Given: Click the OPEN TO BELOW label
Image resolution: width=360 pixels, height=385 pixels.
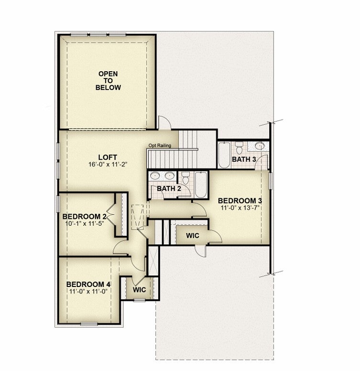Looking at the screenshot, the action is tap(108, 80).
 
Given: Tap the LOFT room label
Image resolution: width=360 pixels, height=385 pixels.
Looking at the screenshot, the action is tap(108, 157).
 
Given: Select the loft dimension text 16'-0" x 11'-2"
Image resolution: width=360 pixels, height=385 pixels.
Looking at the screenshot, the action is tap(108, 164).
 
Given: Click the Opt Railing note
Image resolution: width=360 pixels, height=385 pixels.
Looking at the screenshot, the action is tap(160, 145).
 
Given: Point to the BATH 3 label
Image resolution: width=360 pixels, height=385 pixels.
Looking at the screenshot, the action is tap(244, 159).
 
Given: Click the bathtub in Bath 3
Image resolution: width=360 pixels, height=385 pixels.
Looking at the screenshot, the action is tap(224, 154).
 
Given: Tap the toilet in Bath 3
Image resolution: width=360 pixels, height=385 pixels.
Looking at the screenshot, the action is tap(239, 147).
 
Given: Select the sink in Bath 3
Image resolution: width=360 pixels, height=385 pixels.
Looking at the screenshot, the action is tap(260, 146).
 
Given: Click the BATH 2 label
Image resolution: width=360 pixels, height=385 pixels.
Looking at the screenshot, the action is tap(169, 188).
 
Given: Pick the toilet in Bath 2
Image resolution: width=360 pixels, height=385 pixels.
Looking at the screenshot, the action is tap(185, 178).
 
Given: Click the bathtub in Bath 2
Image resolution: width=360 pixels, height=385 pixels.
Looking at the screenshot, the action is tap(201, 185).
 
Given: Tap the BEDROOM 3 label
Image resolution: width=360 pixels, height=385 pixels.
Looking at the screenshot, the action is tap(240, 200).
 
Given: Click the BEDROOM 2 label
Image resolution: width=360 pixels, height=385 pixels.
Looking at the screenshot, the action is tap(85, 217).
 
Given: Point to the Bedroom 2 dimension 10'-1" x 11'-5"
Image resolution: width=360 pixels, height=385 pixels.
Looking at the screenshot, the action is tap(85, 223).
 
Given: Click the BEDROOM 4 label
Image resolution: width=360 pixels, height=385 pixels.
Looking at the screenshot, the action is tap(88, 285).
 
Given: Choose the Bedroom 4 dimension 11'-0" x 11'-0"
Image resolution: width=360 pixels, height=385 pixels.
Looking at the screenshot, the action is tap(88, 291).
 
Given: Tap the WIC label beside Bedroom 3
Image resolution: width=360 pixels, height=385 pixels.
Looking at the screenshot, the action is tap(193, 236).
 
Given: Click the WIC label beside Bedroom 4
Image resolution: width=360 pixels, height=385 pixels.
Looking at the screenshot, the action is tap(140, 290).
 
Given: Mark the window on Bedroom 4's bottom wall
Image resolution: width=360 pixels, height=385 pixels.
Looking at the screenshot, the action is tap(89, 324).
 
